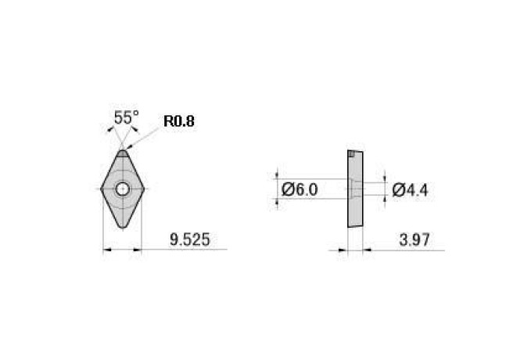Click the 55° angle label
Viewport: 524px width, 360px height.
126,118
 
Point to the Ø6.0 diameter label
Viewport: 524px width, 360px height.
300,189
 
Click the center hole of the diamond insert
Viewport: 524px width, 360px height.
123,188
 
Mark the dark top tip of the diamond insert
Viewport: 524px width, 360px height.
123,153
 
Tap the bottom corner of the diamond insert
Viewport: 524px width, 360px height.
123,228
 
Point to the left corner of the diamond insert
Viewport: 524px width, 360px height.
103,188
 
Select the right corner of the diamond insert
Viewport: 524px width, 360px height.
142,188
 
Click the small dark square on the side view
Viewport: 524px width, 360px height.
353,154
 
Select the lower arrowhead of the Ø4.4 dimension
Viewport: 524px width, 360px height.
384,199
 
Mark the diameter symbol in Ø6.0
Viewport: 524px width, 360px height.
287,189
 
